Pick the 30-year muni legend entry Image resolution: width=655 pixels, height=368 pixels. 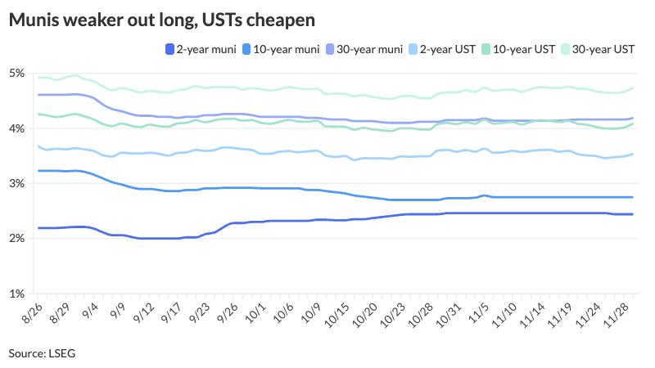(370, 50)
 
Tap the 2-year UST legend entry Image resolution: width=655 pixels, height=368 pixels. (449, 50)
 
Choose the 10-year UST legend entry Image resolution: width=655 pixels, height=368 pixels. (526, 50)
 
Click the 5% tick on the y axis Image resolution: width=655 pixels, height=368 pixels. (16, 74)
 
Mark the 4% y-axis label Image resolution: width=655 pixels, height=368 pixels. (16, 128)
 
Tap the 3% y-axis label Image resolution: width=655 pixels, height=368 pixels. (16, 183)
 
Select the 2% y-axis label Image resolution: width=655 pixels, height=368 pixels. (16, 238)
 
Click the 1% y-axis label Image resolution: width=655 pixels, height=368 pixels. (16, 293)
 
